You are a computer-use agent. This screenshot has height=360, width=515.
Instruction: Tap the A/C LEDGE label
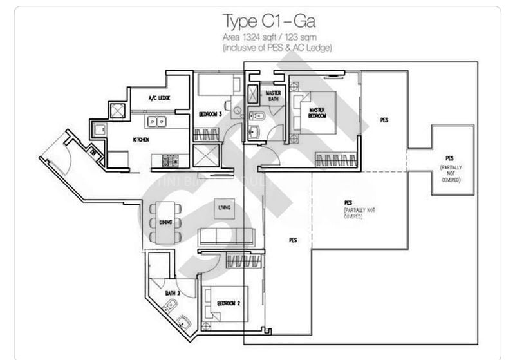tap(159, 99)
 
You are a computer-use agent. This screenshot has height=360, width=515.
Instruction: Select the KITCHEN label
tap(141, 139)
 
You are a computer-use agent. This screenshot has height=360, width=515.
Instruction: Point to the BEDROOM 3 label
tap(211, 114)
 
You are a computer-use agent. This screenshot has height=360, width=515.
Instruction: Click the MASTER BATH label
tap(274, 96)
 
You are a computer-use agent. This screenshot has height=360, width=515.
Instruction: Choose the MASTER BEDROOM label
tap(317, 113)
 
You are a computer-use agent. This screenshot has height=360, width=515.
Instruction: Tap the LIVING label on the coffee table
tap(225, 207)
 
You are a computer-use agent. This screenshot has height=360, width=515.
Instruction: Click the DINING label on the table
tap(165, 222)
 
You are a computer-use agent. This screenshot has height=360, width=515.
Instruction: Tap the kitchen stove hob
tap(170, 160)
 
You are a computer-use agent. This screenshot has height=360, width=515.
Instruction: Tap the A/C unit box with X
tap(118, 110)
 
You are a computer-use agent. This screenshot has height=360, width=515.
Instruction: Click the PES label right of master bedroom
tap(384, 120)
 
